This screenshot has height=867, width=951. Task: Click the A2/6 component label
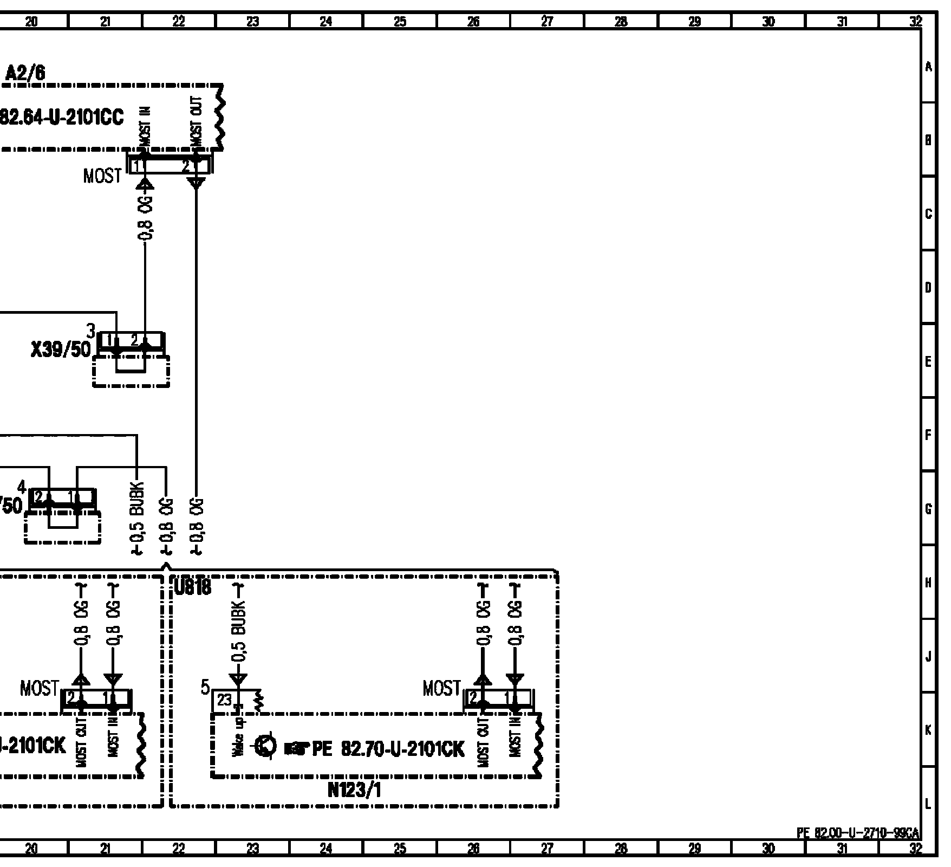25,73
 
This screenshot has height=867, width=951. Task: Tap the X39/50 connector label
61,350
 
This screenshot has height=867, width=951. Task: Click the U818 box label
193,587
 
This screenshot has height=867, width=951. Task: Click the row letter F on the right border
928,435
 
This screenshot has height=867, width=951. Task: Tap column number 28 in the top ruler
621,22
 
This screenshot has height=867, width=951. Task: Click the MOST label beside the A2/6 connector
102,176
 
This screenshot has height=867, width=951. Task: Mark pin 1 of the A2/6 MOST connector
138,166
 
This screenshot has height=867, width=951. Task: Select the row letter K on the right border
928,730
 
